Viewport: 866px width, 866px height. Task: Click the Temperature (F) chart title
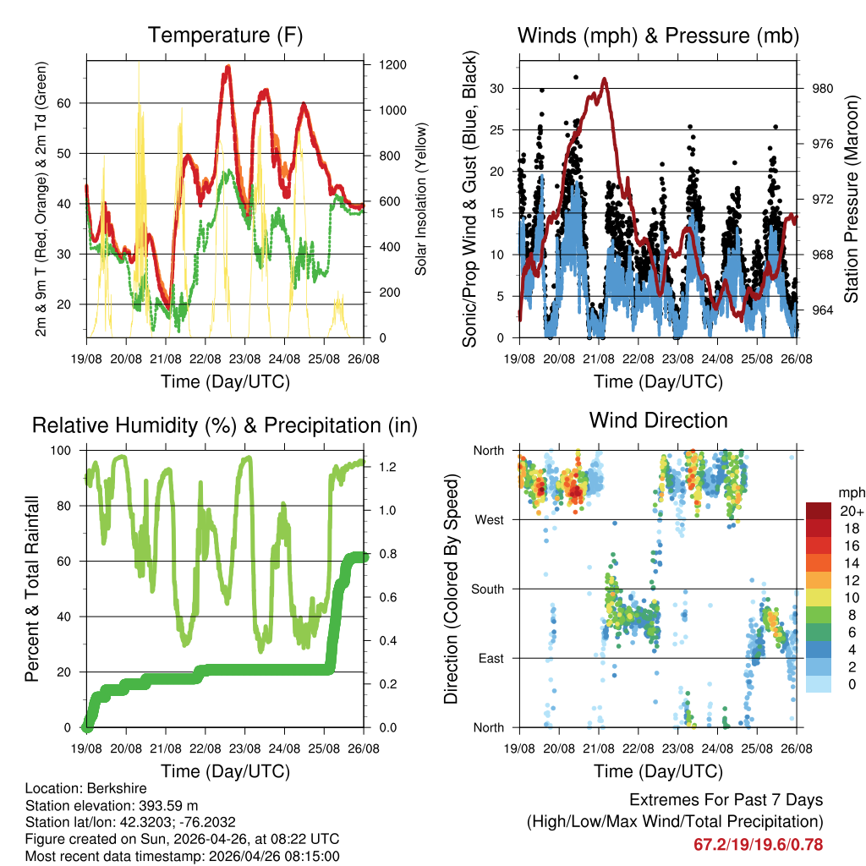(225, 36)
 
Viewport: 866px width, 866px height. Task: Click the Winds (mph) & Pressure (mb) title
(659, 36)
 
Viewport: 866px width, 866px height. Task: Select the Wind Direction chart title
(658, 419)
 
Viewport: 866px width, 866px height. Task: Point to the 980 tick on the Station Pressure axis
(823, 88)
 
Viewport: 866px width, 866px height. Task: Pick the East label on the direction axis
(490, 658)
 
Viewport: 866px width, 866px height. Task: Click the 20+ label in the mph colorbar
(851, 511)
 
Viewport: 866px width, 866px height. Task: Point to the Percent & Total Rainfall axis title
(33, 589)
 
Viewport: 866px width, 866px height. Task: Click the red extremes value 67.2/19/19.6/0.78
(758, 845)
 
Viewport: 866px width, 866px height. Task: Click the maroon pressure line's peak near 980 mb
(604, 79)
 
